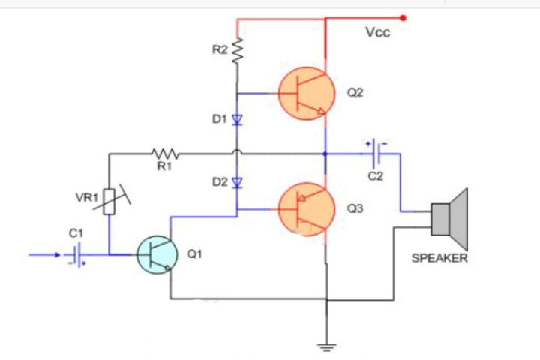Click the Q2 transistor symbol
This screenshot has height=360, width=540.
coord(306,94)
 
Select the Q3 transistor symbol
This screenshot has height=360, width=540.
coord(306,210)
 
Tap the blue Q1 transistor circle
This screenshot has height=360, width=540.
coord(156,255)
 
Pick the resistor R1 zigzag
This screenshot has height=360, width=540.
coord(164,153)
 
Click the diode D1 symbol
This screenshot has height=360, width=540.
coord(238,118)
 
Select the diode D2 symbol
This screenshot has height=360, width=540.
coord(238,182)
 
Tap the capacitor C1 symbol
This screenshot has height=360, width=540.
coord(76,255)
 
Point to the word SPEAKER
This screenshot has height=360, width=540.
coord(439,258)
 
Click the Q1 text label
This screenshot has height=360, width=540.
coord(194,255)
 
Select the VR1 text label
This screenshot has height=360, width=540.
coord(86,198)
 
